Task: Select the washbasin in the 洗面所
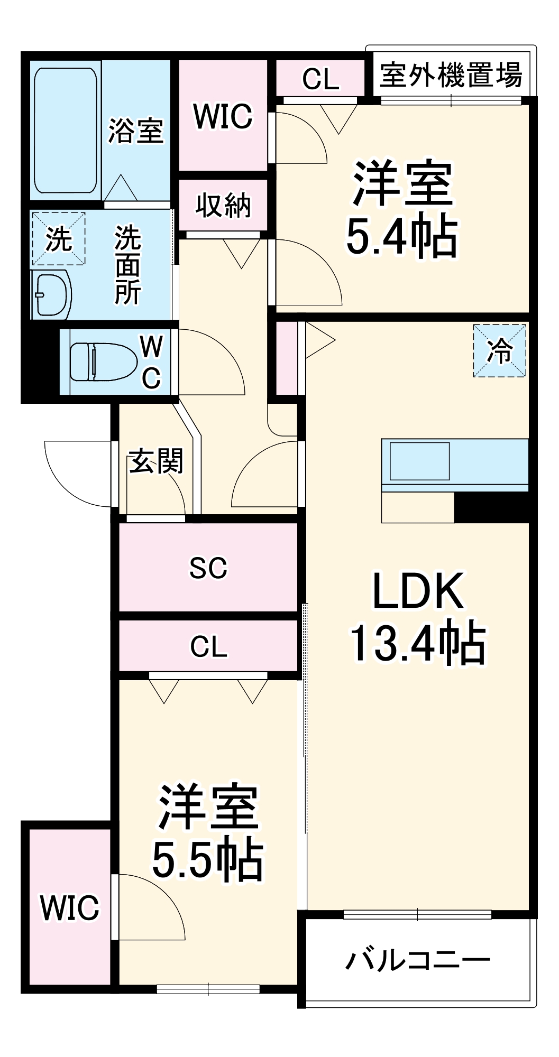52,295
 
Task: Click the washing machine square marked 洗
59,239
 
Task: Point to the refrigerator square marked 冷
500,350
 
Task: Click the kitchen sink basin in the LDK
420,461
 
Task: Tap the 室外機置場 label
451,75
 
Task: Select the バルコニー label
418,960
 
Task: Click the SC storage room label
208,568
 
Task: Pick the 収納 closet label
223,205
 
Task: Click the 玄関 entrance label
156,461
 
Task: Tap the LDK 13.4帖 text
418,617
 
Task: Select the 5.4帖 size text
402,237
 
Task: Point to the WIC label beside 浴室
223,116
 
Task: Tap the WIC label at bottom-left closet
70,907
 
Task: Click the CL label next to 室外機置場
320,79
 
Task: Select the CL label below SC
208,646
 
